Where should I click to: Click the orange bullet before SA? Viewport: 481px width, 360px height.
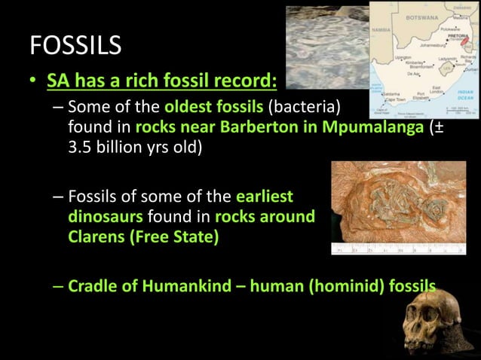click(x=34, y=79)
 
